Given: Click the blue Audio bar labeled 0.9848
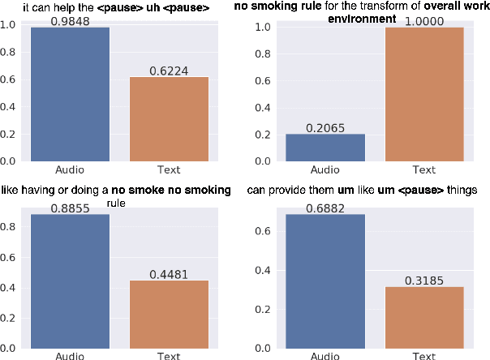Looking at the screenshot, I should tap(70, 94).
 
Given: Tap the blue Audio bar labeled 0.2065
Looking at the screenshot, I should tap(325, 147).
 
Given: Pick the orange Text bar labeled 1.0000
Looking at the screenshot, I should tap(424, 94).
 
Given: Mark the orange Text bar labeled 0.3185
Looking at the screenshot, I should tap(424, 317).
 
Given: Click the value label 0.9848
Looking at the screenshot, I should tap(70, 20).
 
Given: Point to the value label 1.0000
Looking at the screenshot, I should tap(424, 20).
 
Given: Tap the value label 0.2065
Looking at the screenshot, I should tap(325, 127).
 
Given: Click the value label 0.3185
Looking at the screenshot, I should tap(424, 280).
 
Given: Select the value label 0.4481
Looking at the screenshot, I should tap(169, 274).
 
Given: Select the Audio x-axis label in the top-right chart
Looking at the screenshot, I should tap(325, 170).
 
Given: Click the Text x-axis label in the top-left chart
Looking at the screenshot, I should tap(169, 170).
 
